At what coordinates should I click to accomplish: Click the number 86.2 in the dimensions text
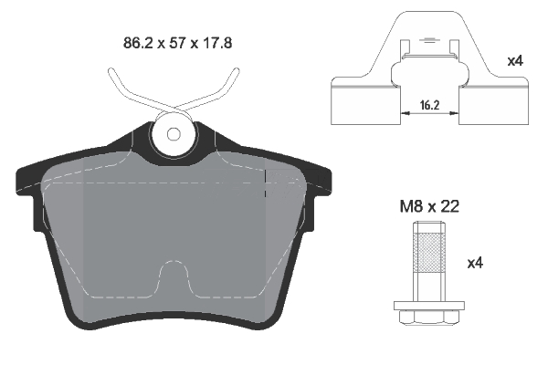pyautogui.click(x=138, y=42)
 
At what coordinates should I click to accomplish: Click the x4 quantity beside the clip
pyautogui.click(x=514, y=63)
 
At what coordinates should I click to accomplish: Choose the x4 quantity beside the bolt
pyautogui.click(x=474, y=264)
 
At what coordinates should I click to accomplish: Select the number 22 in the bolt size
pyautogui.click(x=448, y=207)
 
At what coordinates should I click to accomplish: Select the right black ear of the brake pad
pyautogui.click(x=320, y=182)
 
